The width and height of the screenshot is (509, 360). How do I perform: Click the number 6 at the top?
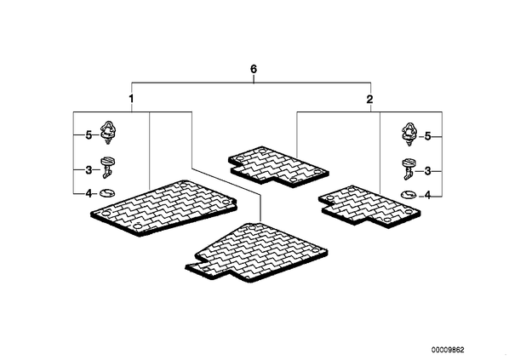(254, 69)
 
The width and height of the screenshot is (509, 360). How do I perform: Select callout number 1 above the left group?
(131, 99)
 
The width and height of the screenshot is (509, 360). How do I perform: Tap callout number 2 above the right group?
(369, 100)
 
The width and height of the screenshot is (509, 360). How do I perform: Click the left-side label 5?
(89, 135)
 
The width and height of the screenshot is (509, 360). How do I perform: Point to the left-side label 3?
(89, 169)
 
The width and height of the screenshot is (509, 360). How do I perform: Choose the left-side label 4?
(89, 194)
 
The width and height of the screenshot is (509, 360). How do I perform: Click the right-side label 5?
(428, 137)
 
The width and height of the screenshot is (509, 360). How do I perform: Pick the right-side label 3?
(428, 171)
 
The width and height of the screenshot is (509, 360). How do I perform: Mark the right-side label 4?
(428, 196)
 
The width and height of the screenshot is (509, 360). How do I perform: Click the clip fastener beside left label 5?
(108, 133)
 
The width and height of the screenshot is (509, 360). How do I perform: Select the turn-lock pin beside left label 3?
(107, 168)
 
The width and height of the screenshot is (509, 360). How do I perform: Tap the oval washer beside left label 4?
(107, 193)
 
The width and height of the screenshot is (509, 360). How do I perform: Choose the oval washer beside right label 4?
(409, 195)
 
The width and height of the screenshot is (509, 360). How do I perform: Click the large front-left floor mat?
(164, 208)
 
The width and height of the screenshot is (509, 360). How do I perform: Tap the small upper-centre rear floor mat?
(279, 167)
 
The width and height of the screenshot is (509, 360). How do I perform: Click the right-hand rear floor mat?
(369, 207)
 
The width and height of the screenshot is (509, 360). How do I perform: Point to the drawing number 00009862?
(448, 350)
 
